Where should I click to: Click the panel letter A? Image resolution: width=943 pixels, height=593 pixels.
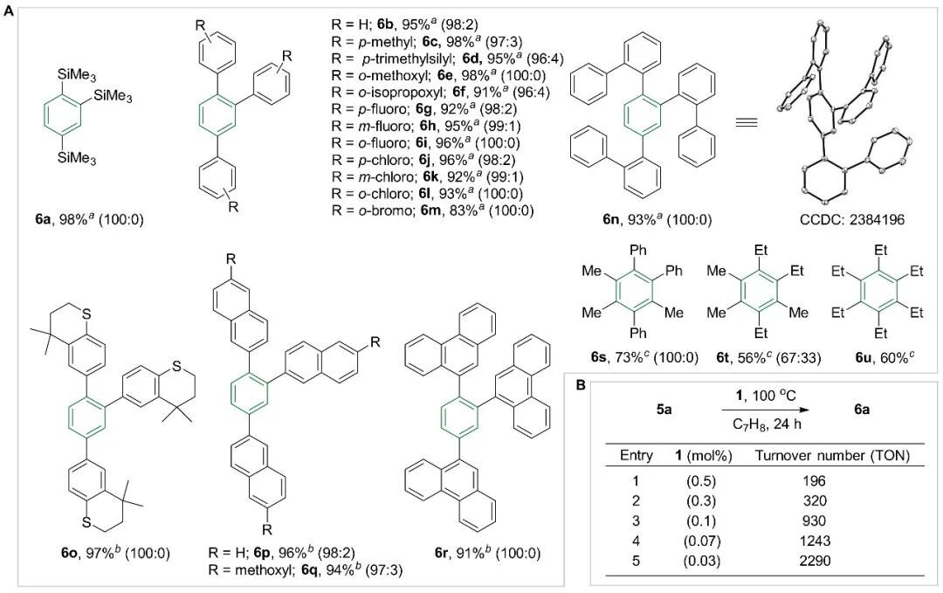click(x=9, y=9)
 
